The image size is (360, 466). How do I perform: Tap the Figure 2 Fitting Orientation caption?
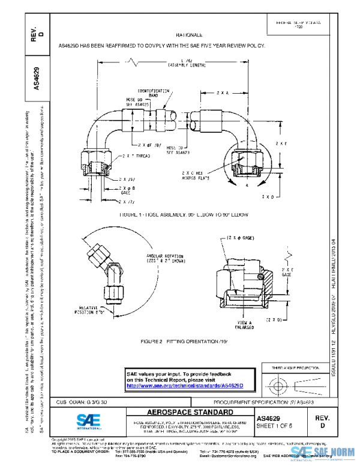pyautogui.click(x=172, y=340)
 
